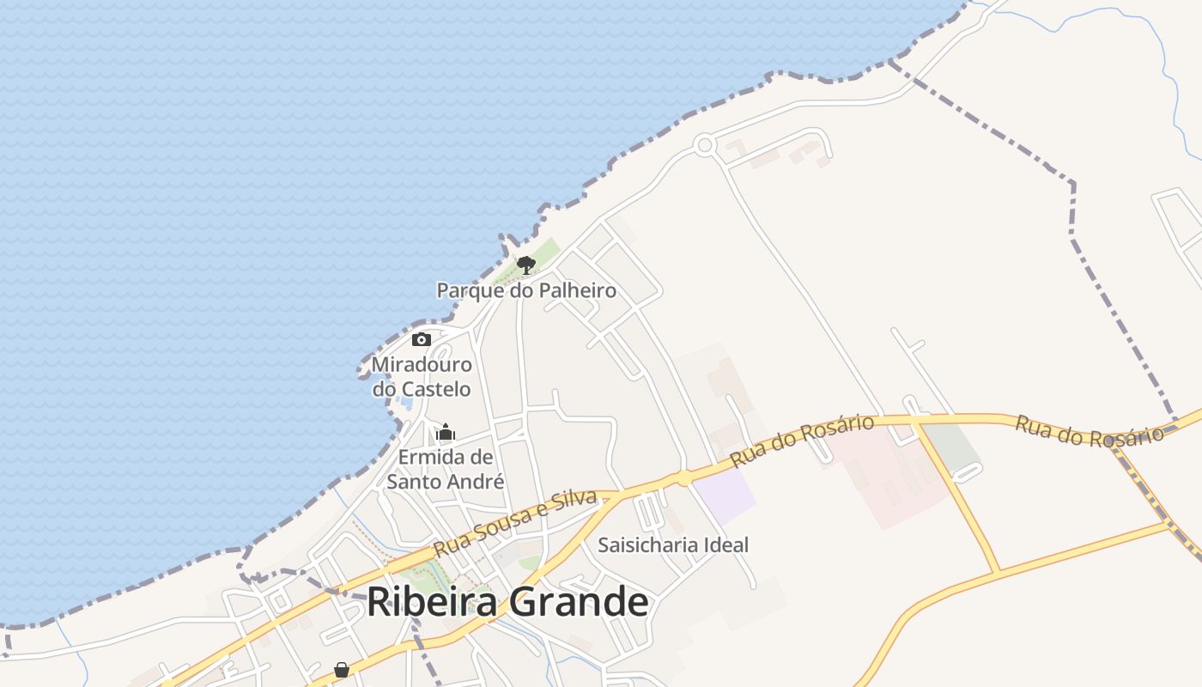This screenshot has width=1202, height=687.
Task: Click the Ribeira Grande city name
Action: coord(507,602)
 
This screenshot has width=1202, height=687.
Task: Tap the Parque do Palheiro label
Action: coord(526,290)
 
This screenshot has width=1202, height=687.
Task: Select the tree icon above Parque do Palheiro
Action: coord(526,264)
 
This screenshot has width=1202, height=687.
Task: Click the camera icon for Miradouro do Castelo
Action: coord(421,339)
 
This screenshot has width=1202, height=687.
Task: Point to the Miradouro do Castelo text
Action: coord(422,377)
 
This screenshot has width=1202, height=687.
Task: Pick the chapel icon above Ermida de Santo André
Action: coord(446,431)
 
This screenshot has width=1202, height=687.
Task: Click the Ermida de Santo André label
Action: coord(445,469)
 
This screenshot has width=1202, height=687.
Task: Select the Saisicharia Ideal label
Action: coord(673,544)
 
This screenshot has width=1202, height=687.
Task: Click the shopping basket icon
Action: coord(342,669)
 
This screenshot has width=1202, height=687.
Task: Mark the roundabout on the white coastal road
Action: coord(705,145)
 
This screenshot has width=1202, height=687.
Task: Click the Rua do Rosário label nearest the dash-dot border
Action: coord(1089,430)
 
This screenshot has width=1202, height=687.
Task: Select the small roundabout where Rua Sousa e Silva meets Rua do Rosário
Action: coord(683,477)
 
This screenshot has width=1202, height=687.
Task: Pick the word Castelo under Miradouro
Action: coord(438,389)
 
